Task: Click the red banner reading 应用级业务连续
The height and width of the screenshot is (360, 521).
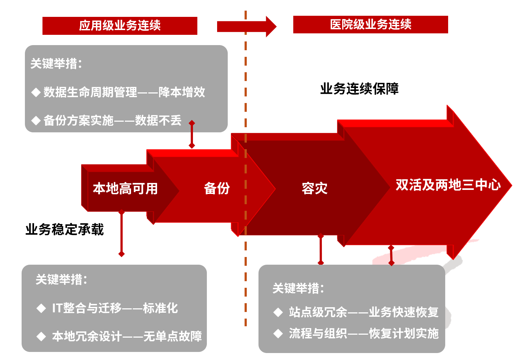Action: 120,26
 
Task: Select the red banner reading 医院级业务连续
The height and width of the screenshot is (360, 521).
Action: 371,25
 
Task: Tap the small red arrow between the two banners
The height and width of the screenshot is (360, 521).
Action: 246,26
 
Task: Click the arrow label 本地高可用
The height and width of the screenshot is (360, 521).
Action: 125,188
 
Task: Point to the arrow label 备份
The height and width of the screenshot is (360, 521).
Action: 217,188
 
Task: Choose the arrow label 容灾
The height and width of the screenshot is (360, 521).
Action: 314,188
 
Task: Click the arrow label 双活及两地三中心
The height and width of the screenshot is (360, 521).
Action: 448,185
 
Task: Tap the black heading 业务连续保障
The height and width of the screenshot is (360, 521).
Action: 359,89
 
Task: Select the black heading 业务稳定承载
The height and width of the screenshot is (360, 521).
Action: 64,229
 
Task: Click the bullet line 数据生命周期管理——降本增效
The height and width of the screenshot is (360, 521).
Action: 124,92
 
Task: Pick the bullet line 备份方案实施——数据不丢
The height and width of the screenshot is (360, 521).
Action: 112,120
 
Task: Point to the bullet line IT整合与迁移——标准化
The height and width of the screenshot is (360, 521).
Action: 115,308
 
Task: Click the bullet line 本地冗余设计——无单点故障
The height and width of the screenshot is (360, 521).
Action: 127,336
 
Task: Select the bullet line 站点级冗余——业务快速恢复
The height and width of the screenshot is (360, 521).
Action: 363,312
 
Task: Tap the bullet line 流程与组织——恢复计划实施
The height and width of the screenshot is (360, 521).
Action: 363,334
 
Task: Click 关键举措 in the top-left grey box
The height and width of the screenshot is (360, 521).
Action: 56,64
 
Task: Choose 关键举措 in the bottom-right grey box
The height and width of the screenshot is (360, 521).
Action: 298,289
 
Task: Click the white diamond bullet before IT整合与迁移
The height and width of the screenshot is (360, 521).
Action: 41,308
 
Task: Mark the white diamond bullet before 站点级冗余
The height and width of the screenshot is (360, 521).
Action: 278,312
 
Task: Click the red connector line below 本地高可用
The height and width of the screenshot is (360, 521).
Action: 122,233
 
